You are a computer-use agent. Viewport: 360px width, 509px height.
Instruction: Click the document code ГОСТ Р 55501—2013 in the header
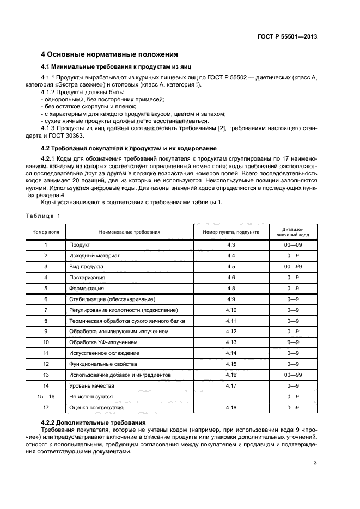point(287,36)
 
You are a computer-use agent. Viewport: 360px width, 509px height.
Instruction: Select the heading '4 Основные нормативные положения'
point(109,54)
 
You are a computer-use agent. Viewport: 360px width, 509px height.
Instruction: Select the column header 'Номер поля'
point(46,232)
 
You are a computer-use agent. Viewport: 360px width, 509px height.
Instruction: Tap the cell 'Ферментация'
point(86,288)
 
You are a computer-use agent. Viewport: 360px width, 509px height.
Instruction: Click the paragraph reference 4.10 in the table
point(231,310)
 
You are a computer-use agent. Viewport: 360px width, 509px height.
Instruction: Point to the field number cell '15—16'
point(46,396)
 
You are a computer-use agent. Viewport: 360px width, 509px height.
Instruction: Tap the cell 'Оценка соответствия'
point(96,407)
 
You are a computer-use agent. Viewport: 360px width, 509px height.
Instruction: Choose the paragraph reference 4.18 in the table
point(231,407)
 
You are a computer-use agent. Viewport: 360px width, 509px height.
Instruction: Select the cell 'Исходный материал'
point(94,255)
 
